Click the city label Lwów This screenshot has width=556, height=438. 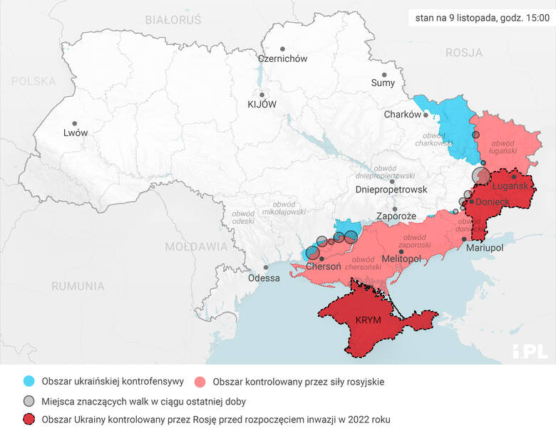coord(76,132)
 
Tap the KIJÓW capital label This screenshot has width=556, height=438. coord(262,104)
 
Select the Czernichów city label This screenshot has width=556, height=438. coord(282,59)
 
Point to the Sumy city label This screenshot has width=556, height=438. coord(383,83)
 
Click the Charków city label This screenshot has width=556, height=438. coord(403,115)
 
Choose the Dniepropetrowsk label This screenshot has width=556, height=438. coord(391,189)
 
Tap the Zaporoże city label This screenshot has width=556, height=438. coord(396,215)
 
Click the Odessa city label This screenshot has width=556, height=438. coord(264,278)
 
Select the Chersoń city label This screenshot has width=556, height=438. coord(323,266)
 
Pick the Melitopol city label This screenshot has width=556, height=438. coord(401,258)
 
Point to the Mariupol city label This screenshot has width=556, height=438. coord(484,248)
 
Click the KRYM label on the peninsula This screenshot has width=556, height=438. coord(368,320)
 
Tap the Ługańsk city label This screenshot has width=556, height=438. coord(510,186)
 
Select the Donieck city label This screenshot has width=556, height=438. coord(493,202)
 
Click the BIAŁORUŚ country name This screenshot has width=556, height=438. coord(173,19)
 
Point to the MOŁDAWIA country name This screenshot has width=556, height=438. coord(196,247)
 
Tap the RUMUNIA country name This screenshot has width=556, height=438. coord(78,286)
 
